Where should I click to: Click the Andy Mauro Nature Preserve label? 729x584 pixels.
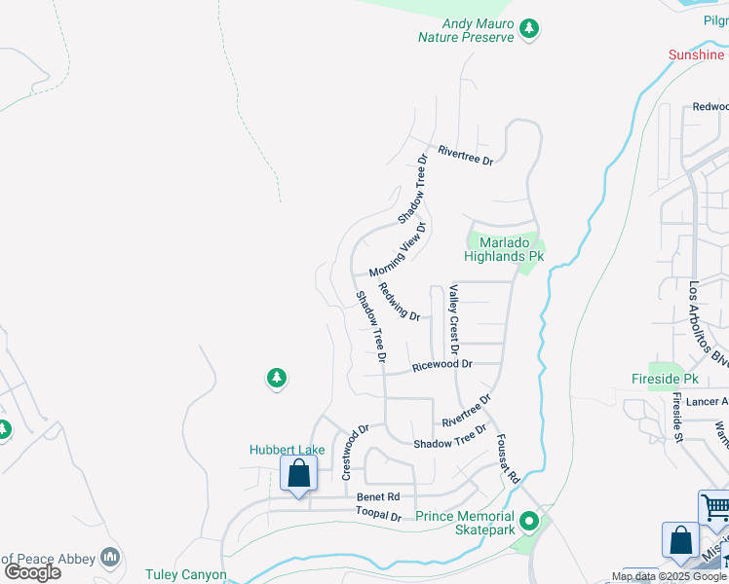coord(465,31)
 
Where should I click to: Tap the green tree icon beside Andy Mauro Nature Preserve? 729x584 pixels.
coord(529,29)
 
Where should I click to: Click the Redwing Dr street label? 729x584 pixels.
coord(399,302)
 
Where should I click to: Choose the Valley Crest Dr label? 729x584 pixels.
coord(453,319)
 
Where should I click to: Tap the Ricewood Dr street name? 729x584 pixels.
coord(441,365)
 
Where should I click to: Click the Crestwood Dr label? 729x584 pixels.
coord(356,451)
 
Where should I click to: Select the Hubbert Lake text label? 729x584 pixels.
coord(287,450)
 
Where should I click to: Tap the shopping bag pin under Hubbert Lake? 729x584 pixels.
coord(298,475)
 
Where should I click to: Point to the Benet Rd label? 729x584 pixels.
coord(371,496)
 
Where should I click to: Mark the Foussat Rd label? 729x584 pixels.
coord(508,459)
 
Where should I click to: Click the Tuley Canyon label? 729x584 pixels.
coord(186,575)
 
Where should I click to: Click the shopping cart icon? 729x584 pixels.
coord(715,506)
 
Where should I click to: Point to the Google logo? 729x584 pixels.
coord(32,572)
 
